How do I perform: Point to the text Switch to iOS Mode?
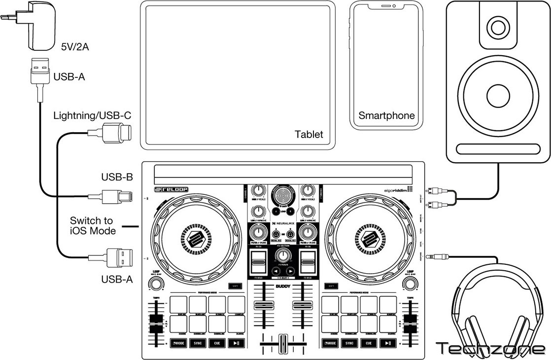92,225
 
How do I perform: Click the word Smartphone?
386,116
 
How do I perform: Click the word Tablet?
309,134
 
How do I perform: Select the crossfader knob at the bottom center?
283,343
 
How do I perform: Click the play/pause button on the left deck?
237,343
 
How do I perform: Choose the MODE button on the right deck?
330,343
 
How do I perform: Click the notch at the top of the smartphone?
386,6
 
